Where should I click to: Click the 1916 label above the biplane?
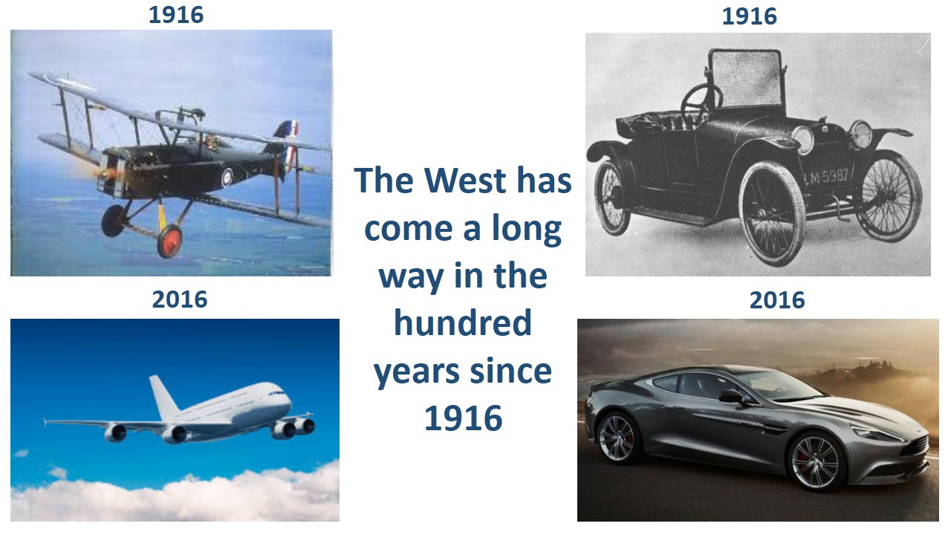pyautogui.click(x=176, y=15)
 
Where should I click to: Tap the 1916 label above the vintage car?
pyautogui.click(x=750, y=16)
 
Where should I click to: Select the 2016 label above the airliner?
pyautogui.click(x=180, y=299)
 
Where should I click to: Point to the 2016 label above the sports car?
pyautogui.click(x=777, y=300)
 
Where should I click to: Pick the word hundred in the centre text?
pyautogui.click(x=463, y=322)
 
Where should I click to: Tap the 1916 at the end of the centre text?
pyautogui.click(x=464, y=418)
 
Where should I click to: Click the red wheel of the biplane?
pyautogui.click(x=170, y=241)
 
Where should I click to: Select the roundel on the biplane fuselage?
pyautogui.click(x=227, y=178)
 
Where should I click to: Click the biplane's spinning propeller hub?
pyautogui.click(x=103, y=174)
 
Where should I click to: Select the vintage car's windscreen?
pyautogui.click(x=745, y=79)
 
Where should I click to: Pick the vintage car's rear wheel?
pyautogui.click(x=611, y=198)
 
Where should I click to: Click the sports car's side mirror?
pyautogui.click(x=732, y=396)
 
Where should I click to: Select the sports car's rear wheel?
pyautogui.click(x=617, y=438)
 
